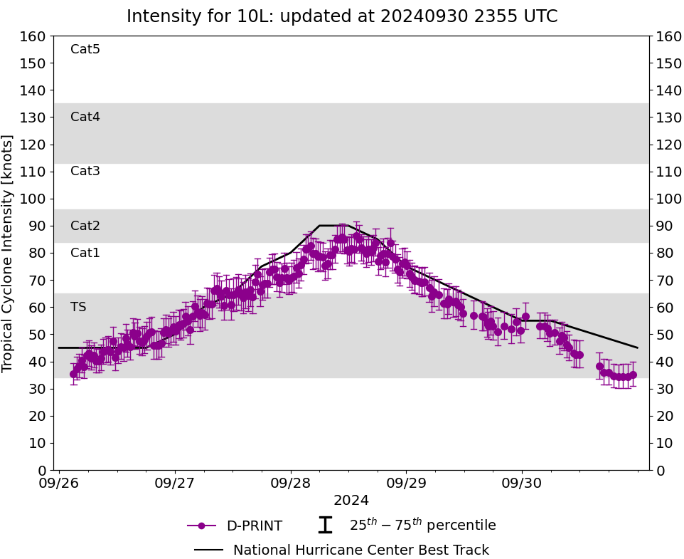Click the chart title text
pyautogui.click(x=342, y=16)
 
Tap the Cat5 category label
pyautogui.click(x=85, y=49)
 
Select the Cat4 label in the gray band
pyautogui.click(x=85, y=117)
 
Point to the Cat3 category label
pyautogui.click(x=85, y=171)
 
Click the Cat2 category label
pyautogui.click(x=85, y=226)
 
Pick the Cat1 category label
pyautogui.click(x=85, y=253)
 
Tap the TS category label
pyautogui.click(x=78, y=307)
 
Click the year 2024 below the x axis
pyautogui.click(x=351, y=500)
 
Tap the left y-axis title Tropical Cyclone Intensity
pyautogui.click(x=9, y=253)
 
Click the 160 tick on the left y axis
pyautogui.click(x=34, y=36)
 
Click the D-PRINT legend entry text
pyautogui.click(x=254, y=526)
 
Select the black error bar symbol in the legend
pyautogui.click(x=325, y=526)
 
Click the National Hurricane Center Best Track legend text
pyautogui.click(x=361, y=550)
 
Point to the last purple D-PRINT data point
pyautogui.click(x=633, y=375)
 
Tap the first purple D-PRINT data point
pyautogui.click(x=74, y=374)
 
